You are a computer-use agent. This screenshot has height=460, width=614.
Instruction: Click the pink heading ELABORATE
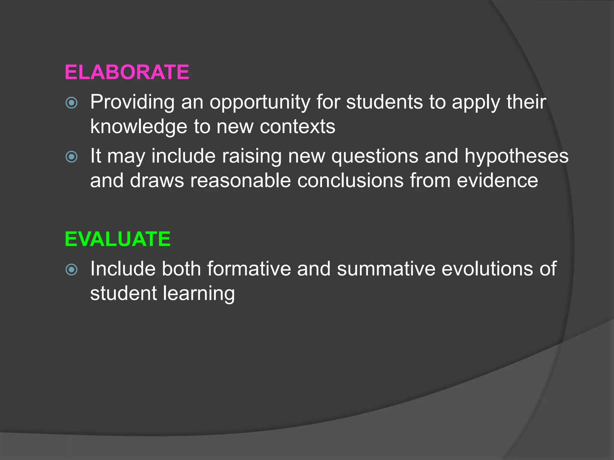[x=127, y=72]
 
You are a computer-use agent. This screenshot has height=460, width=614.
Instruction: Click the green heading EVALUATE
[x=118, y=239]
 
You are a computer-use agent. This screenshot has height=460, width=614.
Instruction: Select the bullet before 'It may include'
[x=72, y=157]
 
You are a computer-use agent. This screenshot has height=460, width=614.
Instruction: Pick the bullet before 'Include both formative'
[x=72, y=270]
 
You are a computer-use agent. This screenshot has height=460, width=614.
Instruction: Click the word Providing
[x=132, y=102]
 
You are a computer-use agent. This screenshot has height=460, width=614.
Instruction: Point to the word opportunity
[x=260, y=102]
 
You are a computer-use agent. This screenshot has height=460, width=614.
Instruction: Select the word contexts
[x=297, y=126]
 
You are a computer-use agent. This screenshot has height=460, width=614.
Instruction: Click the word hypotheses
[x=516, y=156]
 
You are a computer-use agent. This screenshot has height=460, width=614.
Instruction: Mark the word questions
[x=374, y=156]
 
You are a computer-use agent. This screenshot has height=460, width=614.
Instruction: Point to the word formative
[x=249, y=268]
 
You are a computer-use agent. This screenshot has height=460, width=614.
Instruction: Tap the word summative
[x=386, y=268]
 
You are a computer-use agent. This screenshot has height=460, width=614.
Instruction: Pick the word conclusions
[x=350, y=180]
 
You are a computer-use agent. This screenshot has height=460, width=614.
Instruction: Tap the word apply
[x=476, y=102]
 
